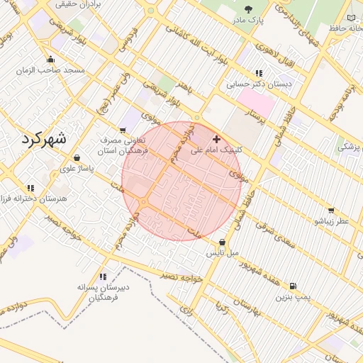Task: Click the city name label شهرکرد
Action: [43, 138]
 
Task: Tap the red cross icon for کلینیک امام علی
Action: [216, 138]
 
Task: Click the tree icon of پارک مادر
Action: [249, 9]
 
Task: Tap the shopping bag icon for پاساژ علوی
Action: [77, 157]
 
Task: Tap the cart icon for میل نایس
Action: [222, 241]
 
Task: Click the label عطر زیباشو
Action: [333, 221]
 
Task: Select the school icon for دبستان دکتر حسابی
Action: [259, 72]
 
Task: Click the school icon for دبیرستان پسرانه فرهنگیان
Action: [103, 277]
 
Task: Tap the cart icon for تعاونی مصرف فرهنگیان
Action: [123, 130]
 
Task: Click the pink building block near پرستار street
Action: [259, 104]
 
